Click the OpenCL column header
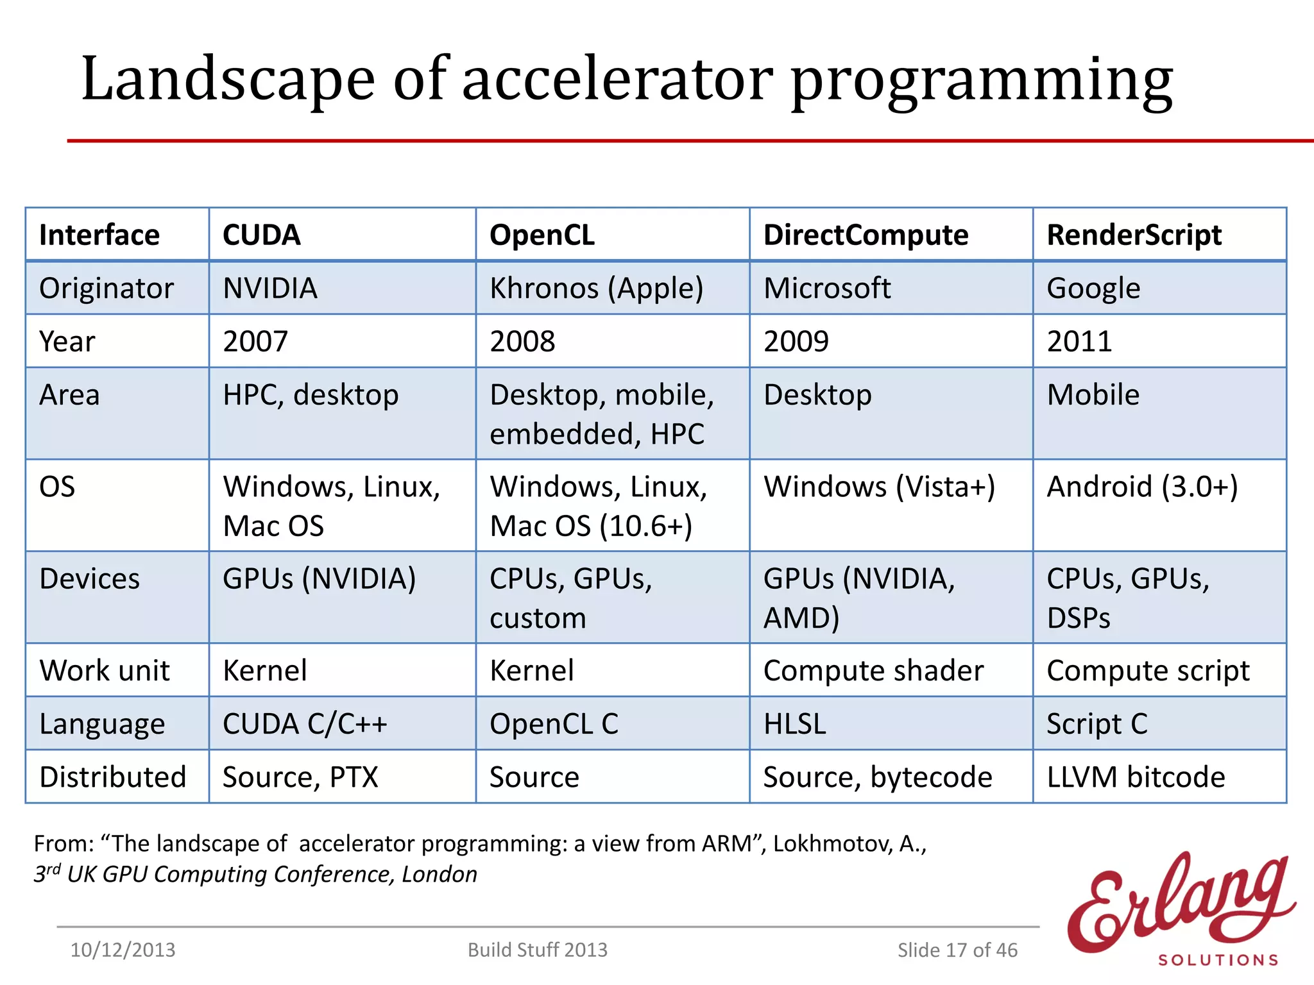click(x=542, y=235)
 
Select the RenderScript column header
click(x=1134, y=235)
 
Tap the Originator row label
click(x=107, y=288)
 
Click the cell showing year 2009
click(x=796, y=341)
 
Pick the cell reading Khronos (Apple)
click(x=596, y=288)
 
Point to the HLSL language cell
click(x=794, y=723)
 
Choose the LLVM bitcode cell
click(x=1136, y=777)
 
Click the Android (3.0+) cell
click(x=1142, y=487)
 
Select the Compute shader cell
click(x=873, y=671)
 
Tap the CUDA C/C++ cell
click(x=305, y=723)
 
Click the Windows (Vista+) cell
click(x=879, y=487)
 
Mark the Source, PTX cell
click(x=300, y=777)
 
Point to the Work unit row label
click(x=105, y=671)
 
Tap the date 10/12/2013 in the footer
click(x=123, y=950)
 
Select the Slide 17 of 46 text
click(x=957, y=950)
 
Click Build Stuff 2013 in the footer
click(x=537, y=950)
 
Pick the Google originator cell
click(x=1093, y=288)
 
